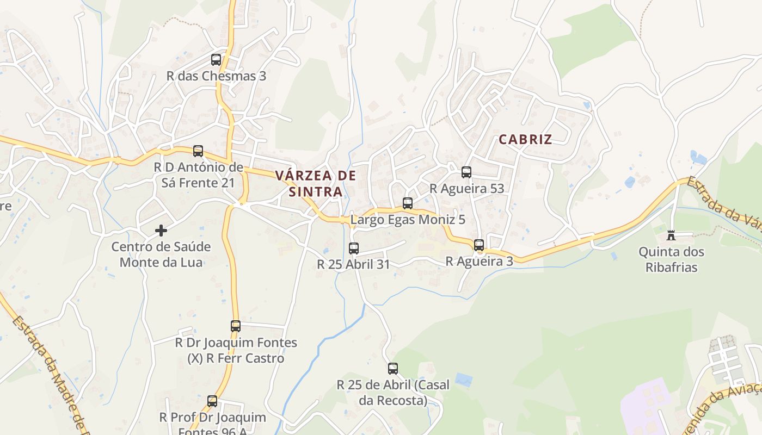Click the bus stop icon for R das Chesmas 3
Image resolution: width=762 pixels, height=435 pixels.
[216, 60]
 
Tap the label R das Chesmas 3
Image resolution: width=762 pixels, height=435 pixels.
[216, 76]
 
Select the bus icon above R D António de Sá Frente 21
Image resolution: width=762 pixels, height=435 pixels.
[198, 151]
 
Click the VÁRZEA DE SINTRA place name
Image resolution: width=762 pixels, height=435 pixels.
[316, 183]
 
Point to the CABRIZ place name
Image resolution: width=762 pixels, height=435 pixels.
[525, 139]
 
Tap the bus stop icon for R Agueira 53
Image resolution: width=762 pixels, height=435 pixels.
[466, 172]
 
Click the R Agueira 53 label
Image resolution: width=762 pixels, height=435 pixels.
[466, 189]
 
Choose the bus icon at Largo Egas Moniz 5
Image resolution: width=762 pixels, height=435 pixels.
[408, 203]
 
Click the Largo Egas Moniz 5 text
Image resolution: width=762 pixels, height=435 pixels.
[408, 220]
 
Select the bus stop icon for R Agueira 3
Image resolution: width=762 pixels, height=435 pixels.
[479, 245]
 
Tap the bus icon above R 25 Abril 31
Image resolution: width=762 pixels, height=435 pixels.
[354, 248]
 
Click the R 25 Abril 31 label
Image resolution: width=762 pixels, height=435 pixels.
[354, 264]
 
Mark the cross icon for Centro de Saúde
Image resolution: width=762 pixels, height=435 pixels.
[161, 231]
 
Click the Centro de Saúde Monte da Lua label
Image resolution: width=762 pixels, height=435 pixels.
[161, 254]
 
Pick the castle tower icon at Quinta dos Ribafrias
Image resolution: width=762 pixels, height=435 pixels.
[671, 235]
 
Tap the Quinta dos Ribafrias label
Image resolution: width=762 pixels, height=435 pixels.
[671, 259]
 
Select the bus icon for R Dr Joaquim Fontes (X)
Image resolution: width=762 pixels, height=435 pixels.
[236, 326]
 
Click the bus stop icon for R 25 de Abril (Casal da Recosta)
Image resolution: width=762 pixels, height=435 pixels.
[393, 369]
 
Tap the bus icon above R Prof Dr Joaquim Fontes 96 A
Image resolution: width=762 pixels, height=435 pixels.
[212, 401]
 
